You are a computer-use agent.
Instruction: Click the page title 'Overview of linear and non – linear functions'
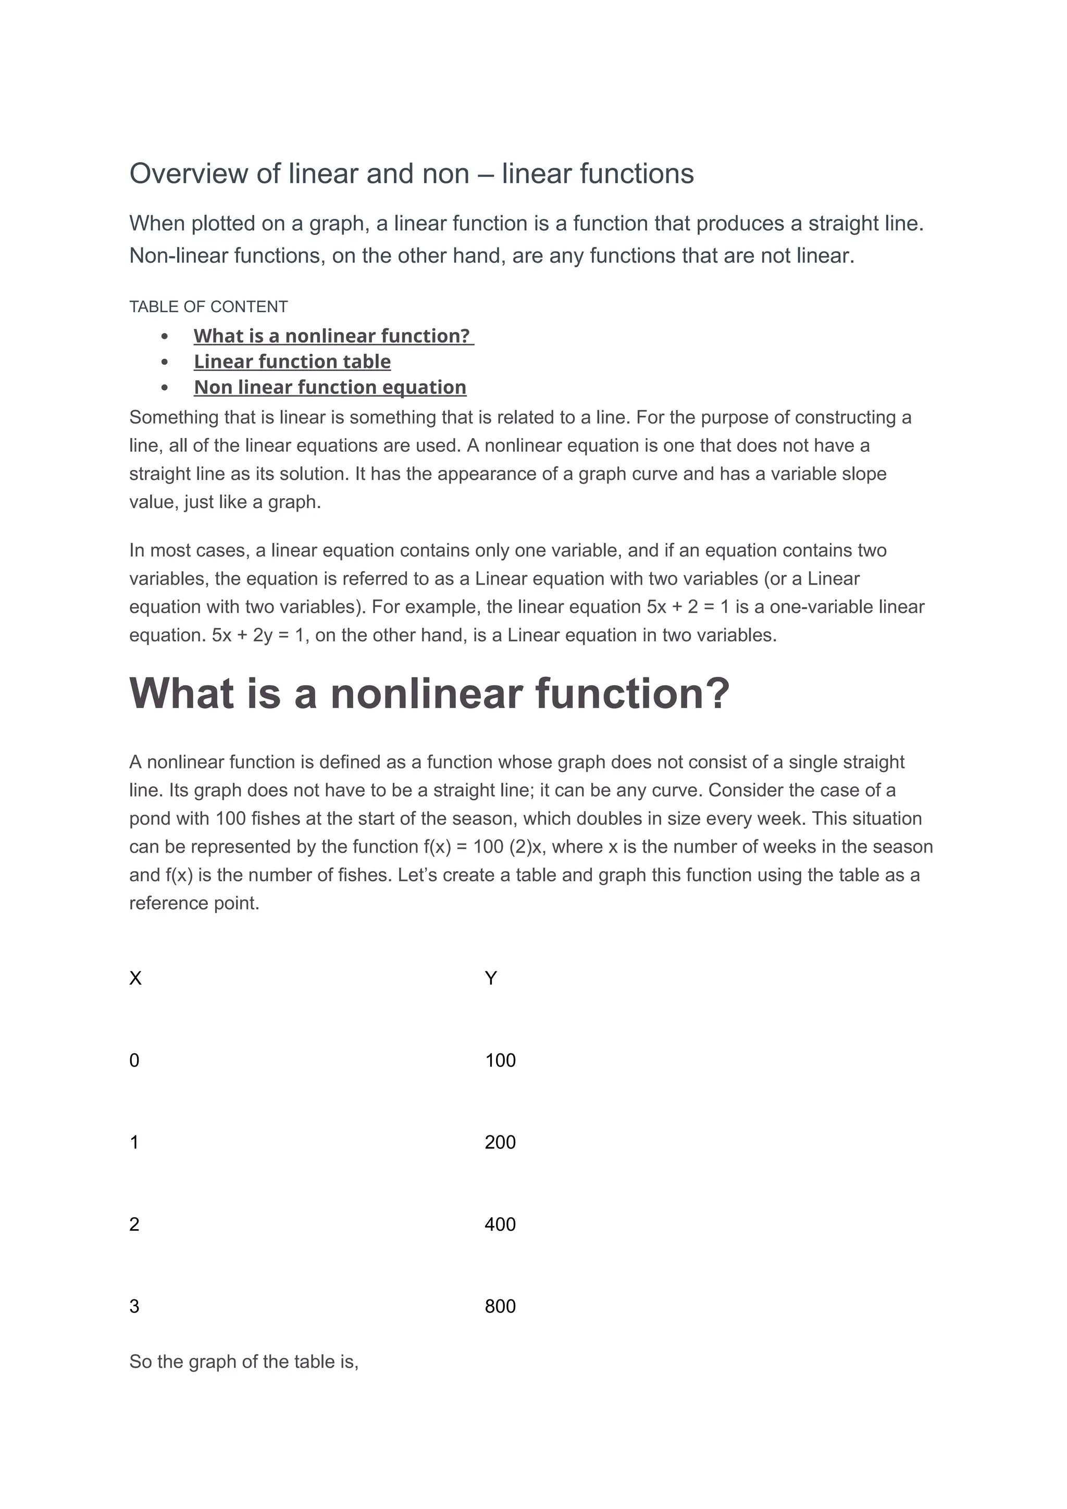[x=411, y=174]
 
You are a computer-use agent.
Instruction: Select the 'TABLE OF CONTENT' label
[x=208, y=307]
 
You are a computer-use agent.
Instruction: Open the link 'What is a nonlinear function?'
[x=332, y=336]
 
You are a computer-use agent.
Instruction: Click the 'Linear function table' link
[x=292, y=362]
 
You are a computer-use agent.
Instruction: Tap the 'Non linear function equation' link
[x=330, y=387]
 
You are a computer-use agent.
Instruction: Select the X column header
[x=135, y=979]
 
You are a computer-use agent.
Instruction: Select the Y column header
[x=490, y=979]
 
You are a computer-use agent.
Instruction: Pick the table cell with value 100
[x=500, y=1060]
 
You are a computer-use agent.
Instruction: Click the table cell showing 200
[x=500, y=1142]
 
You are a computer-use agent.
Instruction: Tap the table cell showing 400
[x=500, y=1224]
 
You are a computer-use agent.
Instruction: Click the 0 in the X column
[x=134, y=1060]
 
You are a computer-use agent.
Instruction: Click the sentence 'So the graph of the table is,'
[x=244, y=1361]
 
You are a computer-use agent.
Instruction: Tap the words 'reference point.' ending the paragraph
[x=194, y=903]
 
